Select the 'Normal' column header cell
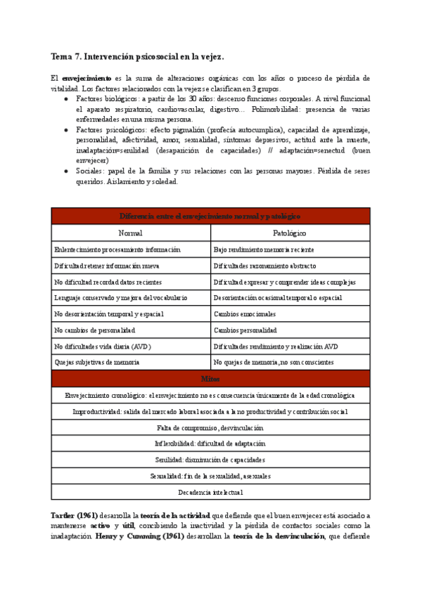[x=131, y=233]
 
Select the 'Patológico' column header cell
[x=290, y=233]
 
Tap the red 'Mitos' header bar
[x=210, y=379]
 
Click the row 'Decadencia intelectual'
[x=210, y=493]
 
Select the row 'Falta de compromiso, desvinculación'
[x=210, y=427]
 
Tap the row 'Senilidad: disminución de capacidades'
[x=210, y=460]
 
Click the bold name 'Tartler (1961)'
[x=75, y=516]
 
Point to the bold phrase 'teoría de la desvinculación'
[x=277, y=536]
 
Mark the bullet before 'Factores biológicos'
[x=65, y=99]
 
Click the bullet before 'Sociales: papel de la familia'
[x=65, y=171]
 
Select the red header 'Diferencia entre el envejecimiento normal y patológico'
[x=210, y=216]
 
